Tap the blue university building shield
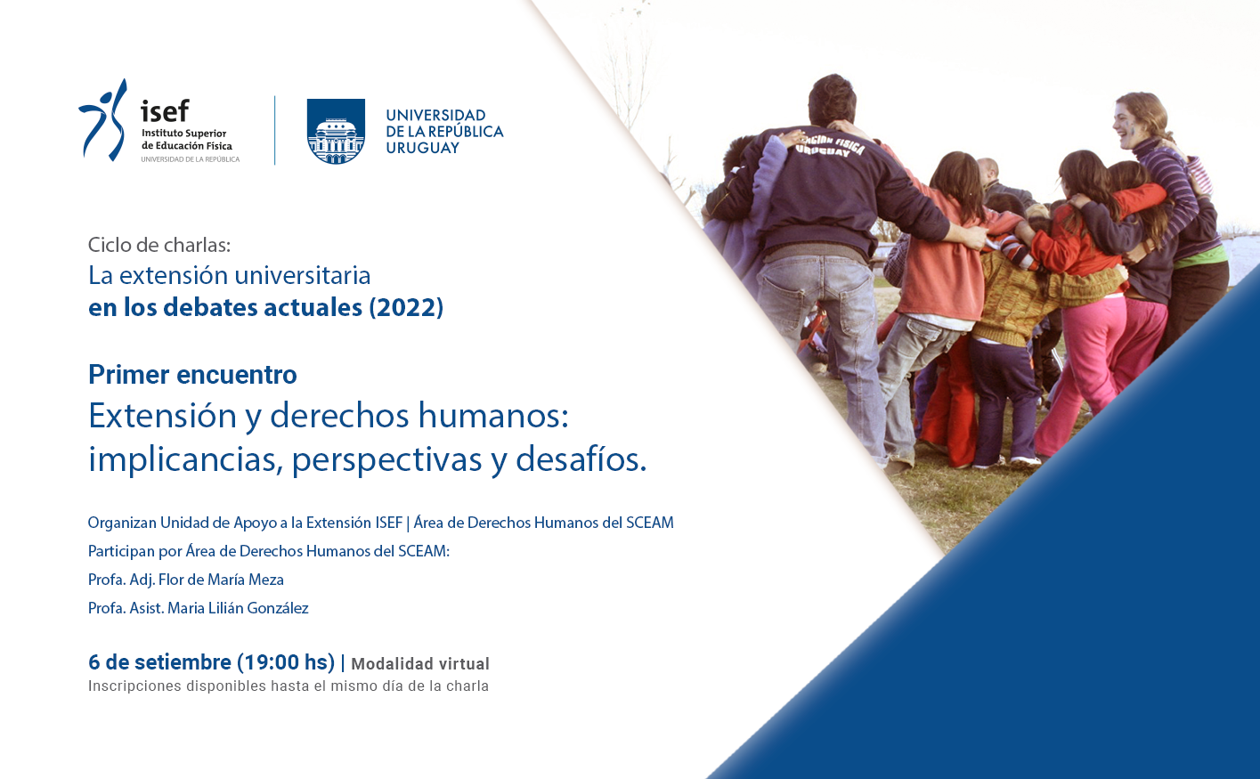click(336, 132)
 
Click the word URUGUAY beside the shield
click(422, 148)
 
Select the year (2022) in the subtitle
click(406, 307)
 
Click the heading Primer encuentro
click(192, 375)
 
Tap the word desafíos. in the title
click(581, 458)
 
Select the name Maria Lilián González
click(238, 608)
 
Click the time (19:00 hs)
click(286, 662)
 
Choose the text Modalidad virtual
click(420, 663)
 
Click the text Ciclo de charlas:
click(159, 245)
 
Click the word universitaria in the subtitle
click(303, 276)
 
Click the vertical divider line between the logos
click(274, 131)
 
